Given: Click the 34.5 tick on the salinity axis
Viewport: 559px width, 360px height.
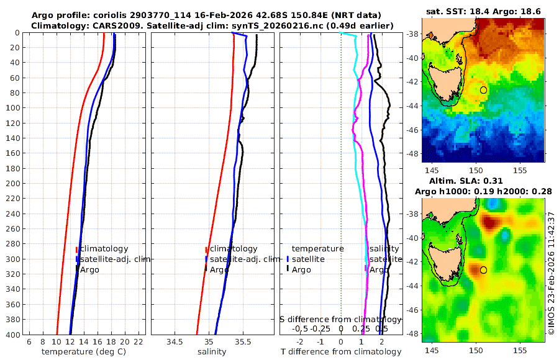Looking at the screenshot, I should (x=175, y=341).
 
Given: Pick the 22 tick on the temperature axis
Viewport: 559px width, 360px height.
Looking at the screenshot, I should (x=139, y=341).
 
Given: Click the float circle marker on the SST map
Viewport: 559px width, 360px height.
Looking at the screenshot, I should (x=484, y=90).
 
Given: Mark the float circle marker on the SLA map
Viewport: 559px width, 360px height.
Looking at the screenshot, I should (x=484, y=270).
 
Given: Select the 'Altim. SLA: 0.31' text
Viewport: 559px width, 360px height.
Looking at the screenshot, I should (x=483, y=180).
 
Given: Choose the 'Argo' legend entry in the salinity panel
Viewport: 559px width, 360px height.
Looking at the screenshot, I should (x=219, y=269).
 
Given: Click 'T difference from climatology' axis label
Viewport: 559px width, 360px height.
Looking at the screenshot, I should (x=340, y=352).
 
